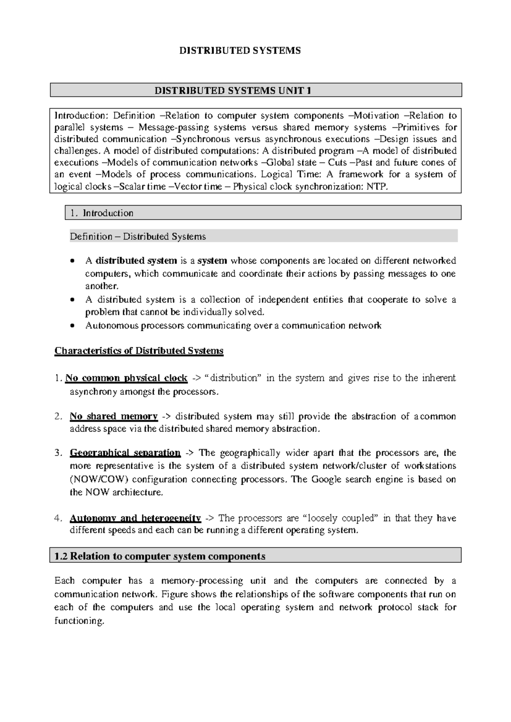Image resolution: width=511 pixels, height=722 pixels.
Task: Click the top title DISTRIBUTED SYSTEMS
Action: point(240,51)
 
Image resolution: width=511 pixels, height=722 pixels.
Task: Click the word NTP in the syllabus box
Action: point(377,186)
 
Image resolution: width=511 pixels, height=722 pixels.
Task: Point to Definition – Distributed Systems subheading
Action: point(138,237)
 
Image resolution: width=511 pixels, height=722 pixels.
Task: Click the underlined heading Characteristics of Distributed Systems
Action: point(139,351)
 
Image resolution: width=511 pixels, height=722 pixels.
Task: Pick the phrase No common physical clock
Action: point(126,378)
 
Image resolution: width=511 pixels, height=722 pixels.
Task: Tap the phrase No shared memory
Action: point(114,416)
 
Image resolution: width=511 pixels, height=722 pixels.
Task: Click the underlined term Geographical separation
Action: point(125,453)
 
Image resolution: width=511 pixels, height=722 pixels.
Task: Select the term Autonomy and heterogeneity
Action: point(135,519)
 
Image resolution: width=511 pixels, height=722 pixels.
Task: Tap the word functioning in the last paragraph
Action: point(79,621)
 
